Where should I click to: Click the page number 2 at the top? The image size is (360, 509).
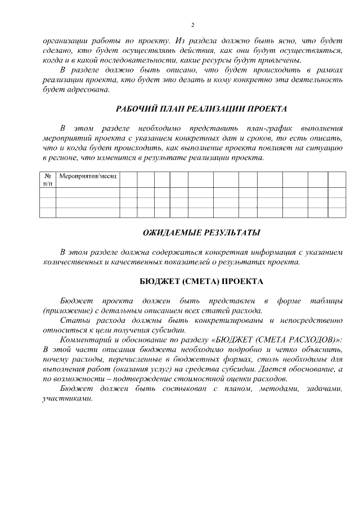(x=192, y=25)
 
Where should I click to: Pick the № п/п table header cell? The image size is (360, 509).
(x=48, y=180)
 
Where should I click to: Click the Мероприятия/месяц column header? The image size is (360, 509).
(x=88, y=177)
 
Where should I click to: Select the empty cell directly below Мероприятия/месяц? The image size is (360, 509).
(x=88, y=192)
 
